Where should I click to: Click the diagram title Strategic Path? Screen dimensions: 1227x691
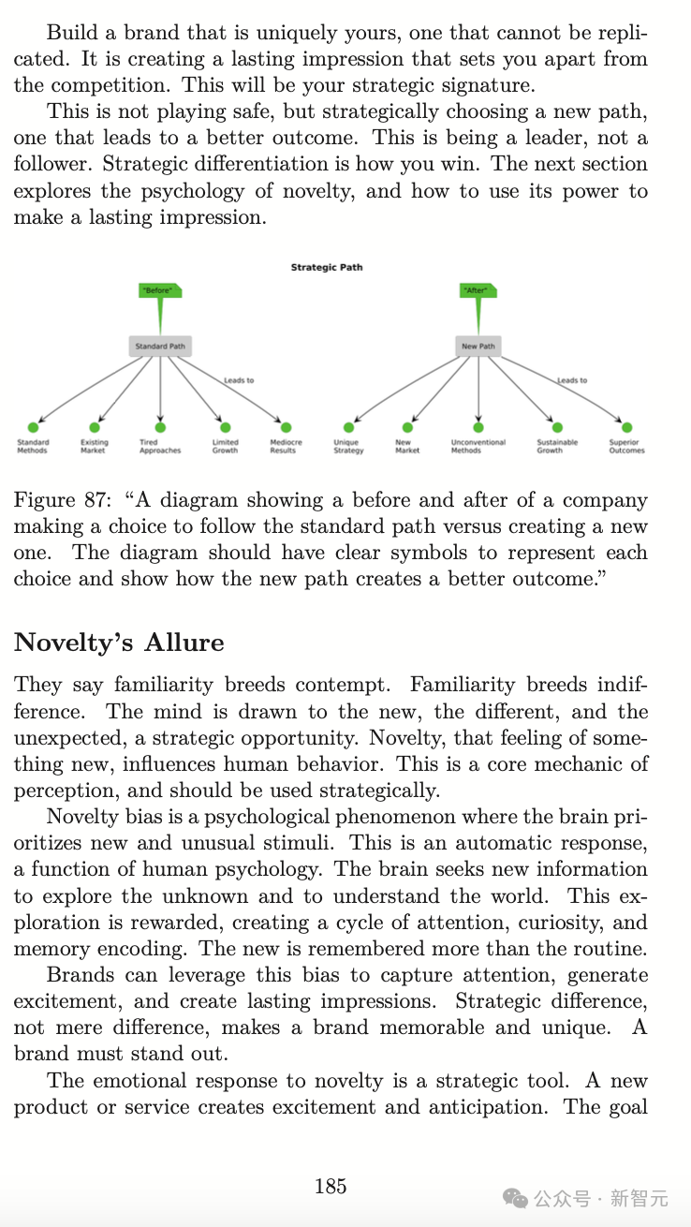[327, 267]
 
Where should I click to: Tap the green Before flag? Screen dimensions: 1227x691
[159, 291]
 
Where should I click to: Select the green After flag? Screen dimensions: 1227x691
[478, 291]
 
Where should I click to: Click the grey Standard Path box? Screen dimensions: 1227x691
[160, 347]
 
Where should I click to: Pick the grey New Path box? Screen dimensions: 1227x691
[478, 347]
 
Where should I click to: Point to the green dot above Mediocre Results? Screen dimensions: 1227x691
[287, 428]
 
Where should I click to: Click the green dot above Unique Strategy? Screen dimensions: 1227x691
[349, 428]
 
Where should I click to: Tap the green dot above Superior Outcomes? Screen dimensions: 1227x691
[626, 428]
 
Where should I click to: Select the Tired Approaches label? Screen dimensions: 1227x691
[160, 447]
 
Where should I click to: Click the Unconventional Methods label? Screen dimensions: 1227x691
[478, 447]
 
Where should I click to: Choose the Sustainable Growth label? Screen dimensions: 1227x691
[557, 447]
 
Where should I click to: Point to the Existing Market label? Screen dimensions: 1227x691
[94, 447]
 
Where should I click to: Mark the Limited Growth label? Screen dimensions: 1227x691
[225, 447]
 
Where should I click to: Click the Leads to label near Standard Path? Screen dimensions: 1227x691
[239, 380]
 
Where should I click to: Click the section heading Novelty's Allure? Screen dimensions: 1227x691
[119, 643]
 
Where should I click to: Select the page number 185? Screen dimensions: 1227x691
[331, 1186]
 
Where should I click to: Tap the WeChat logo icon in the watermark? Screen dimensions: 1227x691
[516, 1198]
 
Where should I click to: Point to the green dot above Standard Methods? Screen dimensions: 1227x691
[32, 428]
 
